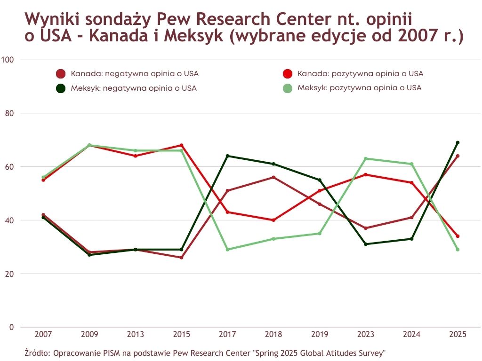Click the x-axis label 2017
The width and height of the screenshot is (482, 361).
(x=228, y=335)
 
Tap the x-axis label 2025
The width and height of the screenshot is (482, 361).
(x=458, y=335)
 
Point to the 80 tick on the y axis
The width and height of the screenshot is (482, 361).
(x=9, y=113)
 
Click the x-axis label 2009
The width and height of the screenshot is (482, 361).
(x=89, y=335)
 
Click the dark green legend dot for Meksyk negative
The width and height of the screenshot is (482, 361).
(x=61, y=88)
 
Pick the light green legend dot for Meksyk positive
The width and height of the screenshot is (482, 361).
(x=288, y=88)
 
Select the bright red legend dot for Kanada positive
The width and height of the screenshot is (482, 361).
(x=288, y=74)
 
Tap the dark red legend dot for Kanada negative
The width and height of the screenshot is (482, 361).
(x=61, y=74)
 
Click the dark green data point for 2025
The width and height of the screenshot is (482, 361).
(x=458, y=142)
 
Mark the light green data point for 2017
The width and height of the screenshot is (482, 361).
(x=228, y=250)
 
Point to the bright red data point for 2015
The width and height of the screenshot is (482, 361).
(x=182, y=145)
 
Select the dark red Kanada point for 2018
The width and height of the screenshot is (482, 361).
(x=273, y=177)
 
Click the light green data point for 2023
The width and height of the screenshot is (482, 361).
(x=366, y=158)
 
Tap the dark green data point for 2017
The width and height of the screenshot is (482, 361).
(x=228, y=156)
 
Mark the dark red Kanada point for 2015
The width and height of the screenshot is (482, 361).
(x=182, y=258)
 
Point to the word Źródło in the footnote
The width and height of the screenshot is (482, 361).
(x=36, y=352)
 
